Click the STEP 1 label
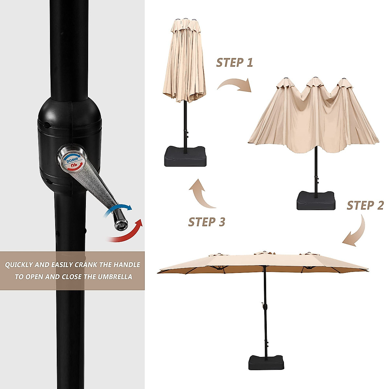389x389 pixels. [x=234, y=63]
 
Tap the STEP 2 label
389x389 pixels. [x=365, y=206]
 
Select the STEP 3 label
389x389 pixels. [x=206, y=222]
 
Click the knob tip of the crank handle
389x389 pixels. [x=121, y=224]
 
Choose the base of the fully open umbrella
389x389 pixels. [x=266, y=362]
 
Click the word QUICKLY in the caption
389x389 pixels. [x=19, y=265]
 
